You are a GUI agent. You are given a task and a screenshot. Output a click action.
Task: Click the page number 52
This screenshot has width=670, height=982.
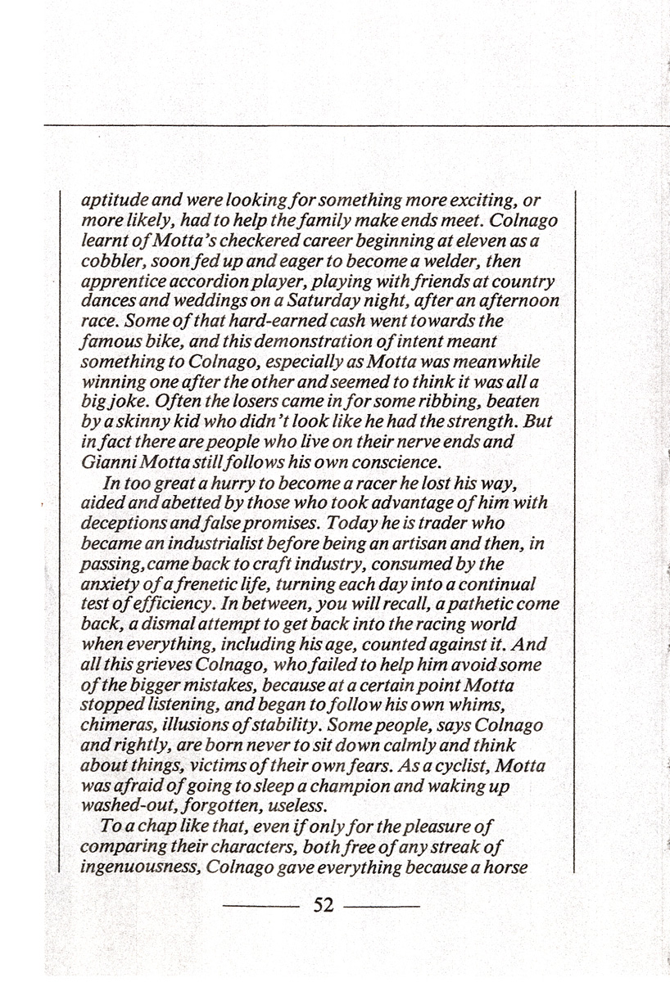(324, 907)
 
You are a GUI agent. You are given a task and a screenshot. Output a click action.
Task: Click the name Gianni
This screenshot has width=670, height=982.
(106, 462)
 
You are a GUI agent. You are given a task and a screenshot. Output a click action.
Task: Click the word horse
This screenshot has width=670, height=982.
(505, 864)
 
